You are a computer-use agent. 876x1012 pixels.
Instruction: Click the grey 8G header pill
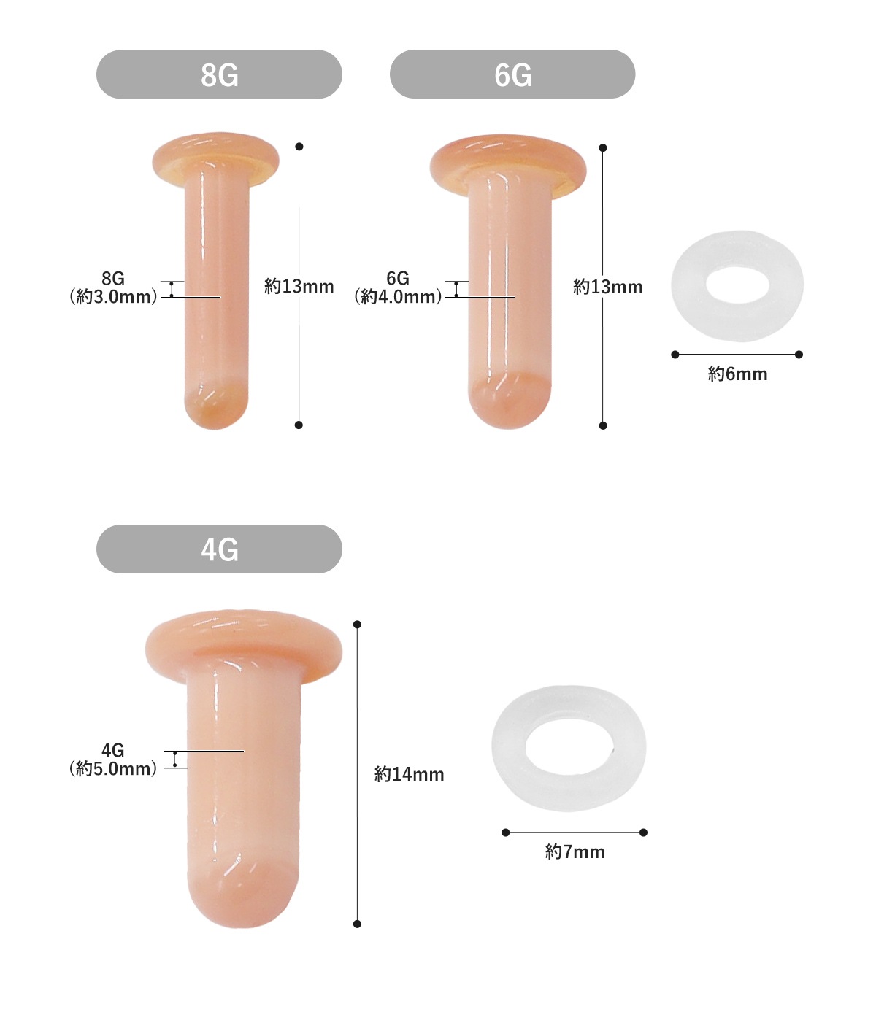pyautogui.click(x=219, y=74)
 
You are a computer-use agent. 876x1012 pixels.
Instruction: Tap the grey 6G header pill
pyautogui.click(x=512, y=74)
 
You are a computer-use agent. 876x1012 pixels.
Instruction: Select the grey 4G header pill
pyautogui.click(x=219, y=549)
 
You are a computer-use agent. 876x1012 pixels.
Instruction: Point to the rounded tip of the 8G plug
pyautogui.click(x=216, y=406)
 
